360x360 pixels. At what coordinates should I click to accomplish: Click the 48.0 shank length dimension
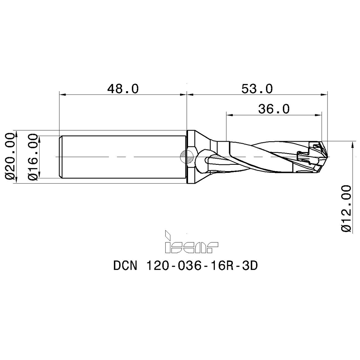pos(123,88)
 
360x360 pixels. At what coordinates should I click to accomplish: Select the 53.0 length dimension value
pos(257,88)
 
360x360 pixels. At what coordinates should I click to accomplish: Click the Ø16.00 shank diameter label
pos(32,157)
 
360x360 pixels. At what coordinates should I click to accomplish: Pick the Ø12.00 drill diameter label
pos(346,209)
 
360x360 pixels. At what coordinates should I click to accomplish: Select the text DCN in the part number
pos(125,266)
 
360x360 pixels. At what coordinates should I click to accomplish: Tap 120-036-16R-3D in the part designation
pos(202,266)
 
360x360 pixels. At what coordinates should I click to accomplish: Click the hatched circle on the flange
pos(186,157)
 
